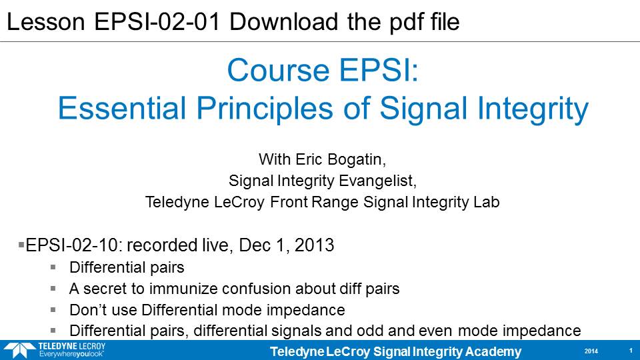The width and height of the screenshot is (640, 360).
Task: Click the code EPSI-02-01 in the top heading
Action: tap(157, 21)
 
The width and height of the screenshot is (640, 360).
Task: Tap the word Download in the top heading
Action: tap(284, 21)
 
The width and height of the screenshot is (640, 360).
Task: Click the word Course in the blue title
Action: tap(279, 70)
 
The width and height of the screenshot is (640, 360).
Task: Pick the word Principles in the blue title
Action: tap(265, 109)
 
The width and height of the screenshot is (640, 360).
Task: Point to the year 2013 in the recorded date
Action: tap(314, 245)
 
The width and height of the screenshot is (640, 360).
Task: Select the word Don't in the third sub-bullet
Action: tap(88, 310)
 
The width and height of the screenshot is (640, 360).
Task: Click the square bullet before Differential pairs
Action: tap(53, 267)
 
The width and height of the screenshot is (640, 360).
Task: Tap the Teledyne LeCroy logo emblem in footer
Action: tap(19, 350)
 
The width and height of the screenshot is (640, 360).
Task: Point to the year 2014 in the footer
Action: tap(591, 351)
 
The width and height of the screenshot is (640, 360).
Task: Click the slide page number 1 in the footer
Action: tap(631, 351)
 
